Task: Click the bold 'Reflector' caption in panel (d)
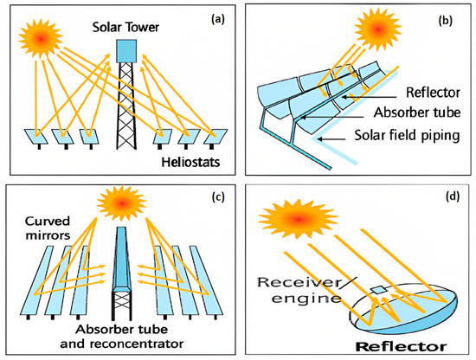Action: coord(402,344)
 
